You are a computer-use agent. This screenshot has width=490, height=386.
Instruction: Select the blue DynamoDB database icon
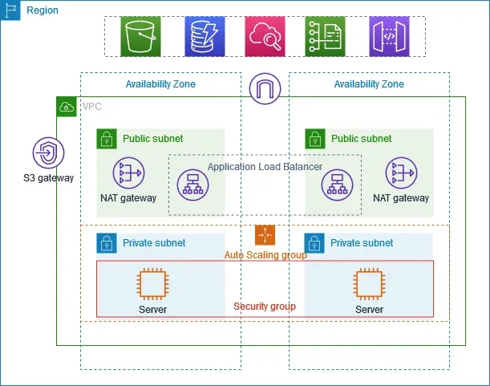pyautogui.click(x=205, y=36)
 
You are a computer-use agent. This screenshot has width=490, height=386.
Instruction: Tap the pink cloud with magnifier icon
pyautogui.click(x=265, y=36)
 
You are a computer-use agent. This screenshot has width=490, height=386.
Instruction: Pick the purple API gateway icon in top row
pyautogui.click(x=390, y=36)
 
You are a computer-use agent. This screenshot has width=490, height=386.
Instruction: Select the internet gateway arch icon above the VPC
pyautogui.click(x=265, y=89)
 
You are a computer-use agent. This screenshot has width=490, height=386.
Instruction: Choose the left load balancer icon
pyautogui.click(x=192, y=185)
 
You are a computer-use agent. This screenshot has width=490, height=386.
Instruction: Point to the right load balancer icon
pyautogui.click(x=338, y=185)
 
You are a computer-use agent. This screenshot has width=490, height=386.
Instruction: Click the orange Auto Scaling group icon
pyautogui.click(x=265, y=235)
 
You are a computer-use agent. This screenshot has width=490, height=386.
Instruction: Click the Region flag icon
pyautogui.click(x=11, y=10)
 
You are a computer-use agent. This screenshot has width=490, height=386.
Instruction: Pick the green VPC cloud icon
pyautogui.click(x=66, y=106)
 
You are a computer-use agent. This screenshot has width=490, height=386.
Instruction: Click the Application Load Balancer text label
pyautogui.click(x=265, y=167)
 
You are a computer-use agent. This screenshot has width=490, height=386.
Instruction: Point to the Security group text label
pyautogui.click(x=265, y=307)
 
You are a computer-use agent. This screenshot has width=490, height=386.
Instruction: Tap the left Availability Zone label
pyautogui.click(x=160, y=84)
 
